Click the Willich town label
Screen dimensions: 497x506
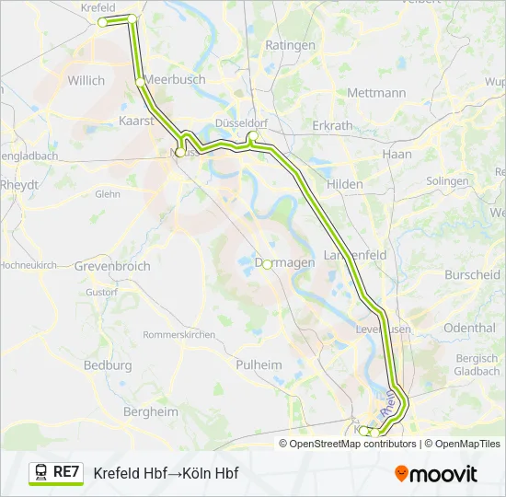pyautogui.click(x=86, y=81)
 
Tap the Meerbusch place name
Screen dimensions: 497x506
pyautogui.click(x=175, y=80)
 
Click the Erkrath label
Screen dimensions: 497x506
pyautogui.click(x=332, y=125)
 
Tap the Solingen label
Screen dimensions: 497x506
pyautogui.click(x=448, y=181)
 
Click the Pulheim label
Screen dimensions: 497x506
pyautogui.click(x=259, y=365)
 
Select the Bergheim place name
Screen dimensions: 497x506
pyautogui.click(x=150, y=412)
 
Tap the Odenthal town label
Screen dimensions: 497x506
pyautogui.click(x=469, y=328)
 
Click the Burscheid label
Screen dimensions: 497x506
pyautogui.click(x=472, y=275)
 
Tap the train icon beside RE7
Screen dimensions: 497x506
pyautogui.click(x=41, y=472)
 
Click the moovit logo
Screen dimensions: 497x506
pyautogui.click(x=436, y=474)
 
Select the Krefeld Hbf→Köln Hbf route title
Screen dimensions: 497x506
pyautogui.click(x=166, y=473)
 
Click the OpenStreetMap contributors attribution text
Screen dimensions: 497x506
pyautogui.click(x=353, y=444)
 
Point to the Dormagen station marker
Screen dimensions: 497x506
pyautogui.click(x=267, y=263)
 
